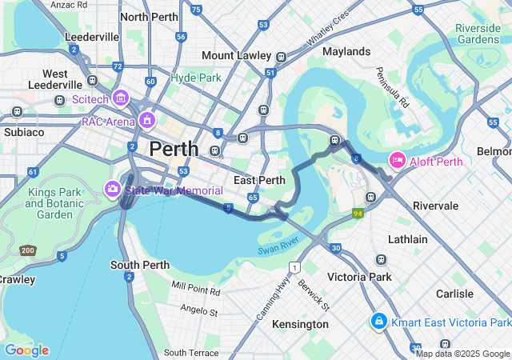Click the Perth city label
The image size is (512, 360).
click(174, 148)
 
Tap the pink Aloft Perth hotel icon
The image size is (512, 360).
click(396, 161)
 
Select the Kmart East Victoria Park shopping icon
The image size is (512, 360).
click(378, 322)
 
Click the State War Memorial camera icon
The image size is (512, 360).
click(113, 190)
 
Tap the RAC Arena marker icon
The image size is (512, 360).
click(146, 121)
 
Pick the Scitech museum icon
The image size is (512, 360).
click(121, 98)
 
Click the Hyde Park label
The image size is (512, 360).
click(195, 78)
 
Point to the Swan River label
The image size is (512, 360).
click(278, 246)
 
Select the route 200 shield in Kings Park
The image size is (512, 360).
click(28, 250)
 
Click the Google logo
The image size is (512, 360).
click(26, 350)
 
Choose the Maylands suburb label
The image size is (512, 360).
click(346, 51)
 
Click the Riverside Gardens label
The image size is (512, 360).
click(478, 34)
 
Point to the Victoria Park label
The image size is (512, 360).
click(359, 277)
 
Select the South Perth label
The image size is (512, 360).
click(139, 265)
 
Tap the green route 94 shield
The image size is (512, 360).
click(358, 213)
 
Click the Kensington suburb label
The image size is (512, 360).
click(300, 324)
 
